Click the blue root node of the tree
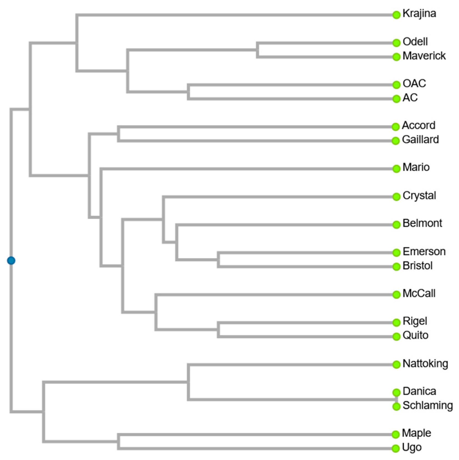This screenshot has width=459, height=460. (11, 260)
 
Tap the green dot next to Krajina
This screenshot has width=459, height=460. (396, 15)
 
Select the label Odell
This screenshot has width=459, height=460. (415, 42)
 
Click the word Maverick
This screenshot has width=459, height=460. (424, 56)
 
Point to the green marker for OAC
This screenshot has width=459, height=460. (396, 85)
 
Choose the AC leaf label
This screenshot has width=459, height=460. (410, 98)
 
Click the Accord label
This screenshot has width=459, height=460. (418, 125)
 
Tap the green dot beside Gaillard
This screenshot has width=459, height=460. (396, 141)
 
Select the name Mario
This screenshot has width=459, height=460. (416, 167)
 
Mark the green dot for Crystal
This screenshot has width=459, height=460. (396, 197)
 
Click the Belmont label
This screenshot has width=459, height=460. (422, 223)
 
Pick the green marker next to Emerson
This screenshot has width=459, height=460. (396, 252)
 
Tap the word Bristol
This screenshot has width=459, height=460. (417, 266)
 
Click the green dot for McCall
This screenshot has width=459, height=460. (396, 295)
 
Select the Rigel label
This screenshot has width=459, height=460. (415, 321)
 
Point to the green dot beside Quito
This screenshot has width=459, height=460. (396, 336)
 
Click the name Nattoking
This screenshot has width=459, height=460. (425, 363)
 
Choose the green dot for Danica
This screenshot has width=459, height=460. (396, 392)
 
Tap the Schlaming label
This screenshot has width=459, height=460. (428, 405)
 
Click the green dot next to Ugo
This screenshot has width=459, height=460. (396, 448)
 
